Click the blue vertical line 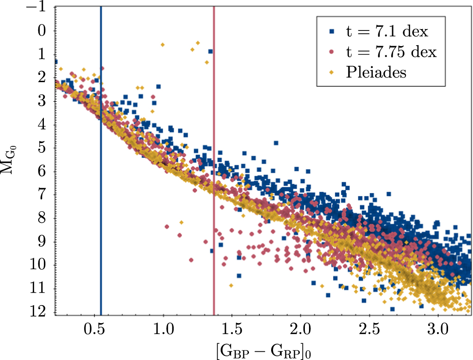click(x=101, y=185)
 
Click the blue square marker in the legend click(x=332, y=32)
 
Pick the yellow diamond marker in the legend click(x=332, y=72)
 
